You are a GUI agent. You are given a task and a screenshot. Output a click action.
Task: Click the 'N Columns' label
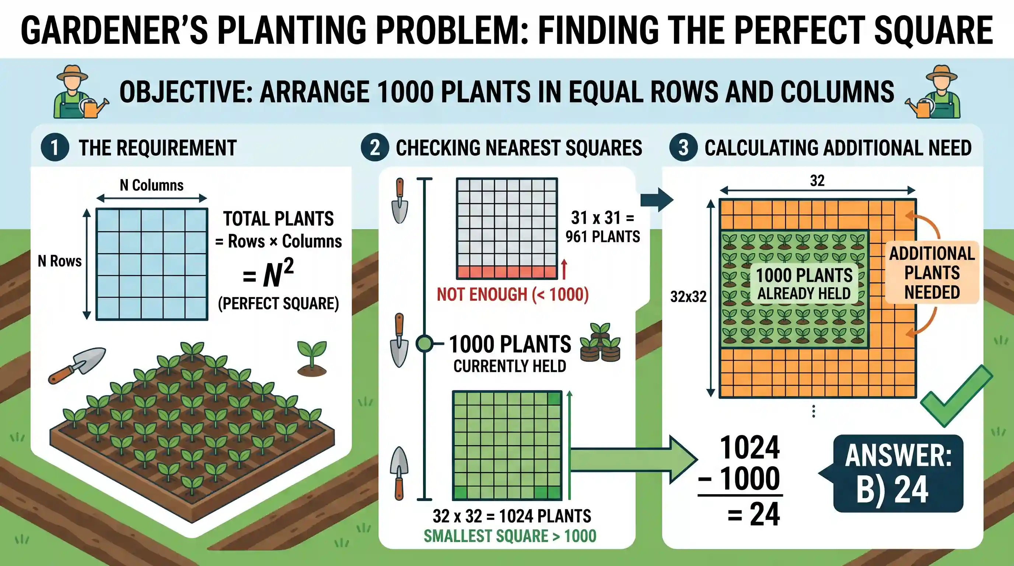151,185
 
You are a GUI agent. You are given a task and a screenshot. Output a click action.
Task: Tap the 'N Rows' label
60,261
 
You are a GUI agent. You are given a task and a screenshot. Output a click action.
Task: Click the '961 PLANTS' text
603,237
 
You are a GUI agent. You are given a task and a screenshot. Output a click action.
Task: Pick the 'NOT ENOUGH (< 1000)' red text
513,294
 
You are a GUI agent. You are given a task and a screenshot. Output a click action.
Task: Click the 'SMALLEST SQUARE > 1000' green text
510,536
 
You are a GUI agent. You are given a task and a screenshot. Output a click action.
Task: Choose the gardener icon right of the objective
933,92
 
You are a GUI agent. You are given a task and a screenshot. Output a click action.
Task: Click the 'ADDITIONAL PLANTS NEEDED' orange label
932,273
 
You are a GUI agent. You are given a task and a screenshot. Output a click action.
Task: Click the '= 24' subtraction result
753,514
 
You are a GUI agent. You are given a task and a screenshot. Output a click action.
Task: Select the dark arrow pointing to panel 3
657,200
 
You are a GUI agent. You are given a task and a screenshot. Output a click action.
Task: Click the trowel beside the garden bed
77,365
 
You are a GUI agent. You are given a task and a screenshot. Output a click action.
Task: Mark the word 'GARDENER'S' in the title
114,30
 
